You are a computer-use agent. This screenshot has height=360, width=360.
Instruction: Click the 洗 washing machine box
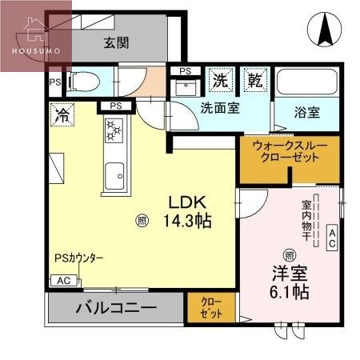click(x=220, y=79)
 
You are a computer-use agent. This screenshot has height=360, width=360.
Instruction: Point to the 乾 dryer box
click(x=254, y=79)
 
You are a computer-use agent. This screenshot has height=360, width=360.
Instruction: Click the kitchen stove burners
click(x=113, y=130)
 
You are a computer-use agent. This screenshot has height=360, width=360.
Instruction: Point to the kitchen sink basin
click(x=114, y=171)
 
